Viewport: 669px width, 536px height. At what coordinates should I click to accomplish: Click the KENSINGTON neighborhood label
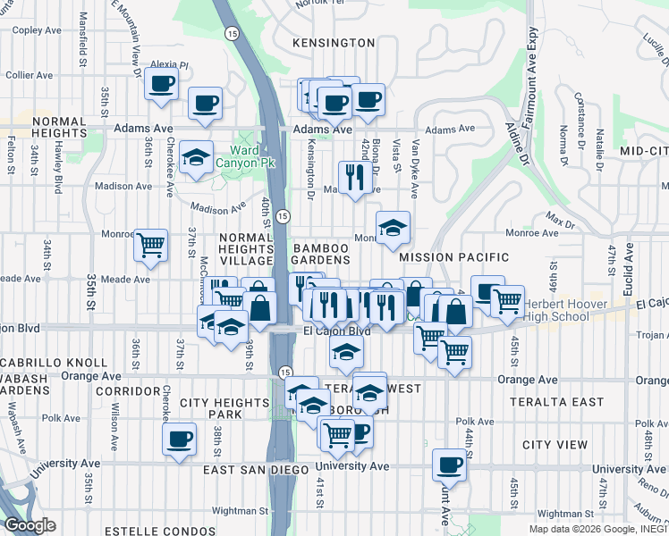[334, 43]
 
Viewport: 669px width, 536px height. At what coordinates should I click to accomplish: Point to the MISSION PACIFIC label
[453, 257]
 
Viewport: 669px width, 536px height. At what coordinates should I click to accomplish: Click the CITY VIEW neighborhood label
[555, 445]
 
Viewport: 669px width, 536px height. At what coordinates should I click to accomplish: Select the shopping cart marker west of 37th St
[151, 244]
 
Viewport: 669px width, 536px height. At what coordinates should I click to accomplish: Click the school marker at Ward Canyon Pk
[196, 157]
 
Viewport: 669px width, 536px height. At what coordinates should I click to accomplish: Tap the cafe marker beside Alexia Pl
[160, 84]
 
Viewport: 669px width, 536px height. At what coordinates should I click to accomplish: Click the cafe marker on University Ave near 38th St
[179, 439]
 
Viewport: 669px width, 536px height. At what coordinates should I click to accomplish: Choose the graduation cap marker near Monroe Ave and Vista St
[392, 227]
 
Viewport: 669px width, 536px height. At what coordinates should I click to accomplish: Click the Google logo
[30, 525]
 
